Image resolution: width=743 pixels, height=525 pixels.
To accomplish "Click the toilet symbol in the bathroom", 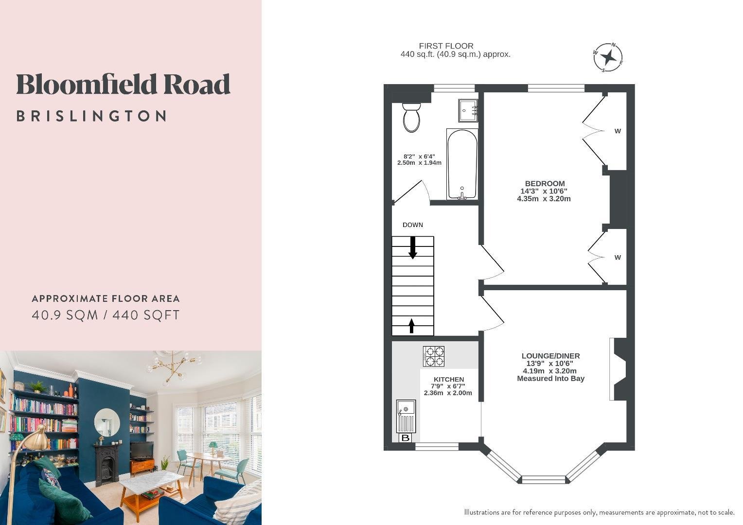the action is pyautogui.click(x=411, y=118).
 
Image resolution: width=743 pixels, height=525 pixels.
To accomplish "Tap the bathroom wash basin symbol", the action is pyautogui.click(x=468, y=110).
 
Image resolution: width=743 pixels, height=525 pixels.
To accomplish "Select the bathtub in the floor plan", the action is pyautogui.click(x=462, y=164).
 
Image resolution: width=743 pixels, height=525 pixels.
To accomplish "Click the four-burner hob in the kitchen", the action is pyautogui.click(x=434, y=356).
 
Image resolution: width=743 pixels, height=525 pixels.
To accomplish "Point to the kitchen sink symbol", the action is pyautogui.click(x=406, y=416).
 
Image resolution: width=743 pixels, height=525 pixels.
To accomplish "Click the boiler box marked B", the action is pyautogui.click(x=406, y=438).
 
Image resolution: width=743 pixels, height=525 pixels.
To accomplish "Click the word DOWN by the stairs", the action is pyautogui.click(x=413, y=225).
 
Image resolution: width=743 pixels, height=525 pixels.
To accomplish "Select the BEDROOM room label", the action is pyautogui.click(x=545, y=183).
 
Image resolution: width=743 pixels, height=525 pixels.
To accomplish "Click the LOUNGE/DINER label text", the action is pyautogui.click(x=550, y=356).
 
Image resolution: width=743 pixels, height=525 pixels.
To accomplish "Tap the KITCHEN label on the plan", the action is pyautogui.click(x=449, y=379).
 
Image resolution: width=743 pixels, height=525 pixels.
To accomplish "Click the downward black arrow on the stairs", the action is pyautogui.click(x=413, y=247).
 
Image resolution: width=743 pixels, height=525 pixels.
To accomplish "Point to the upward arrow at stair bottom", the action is pyautogui.click(x=412, y=326).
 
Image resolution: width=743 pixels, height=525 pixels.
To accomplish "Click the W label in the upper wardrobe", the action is pyautogui.click(x=618, y=131).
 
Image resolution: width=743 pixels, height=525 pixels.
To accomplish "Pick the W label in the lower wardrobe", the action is pyautogui.click(x=618, y=257).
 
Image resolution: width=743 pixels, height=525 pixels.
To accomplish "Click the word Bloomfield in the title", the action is pyautogui.click(x=86, y=84).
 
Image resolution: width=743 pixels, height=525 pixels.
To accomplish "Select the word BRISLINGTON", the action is pyautogui.click(x=91, y=116).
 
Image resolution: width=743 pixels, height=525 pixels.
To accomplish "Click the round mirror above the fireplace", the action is pyautogui.click(x=107, y=422).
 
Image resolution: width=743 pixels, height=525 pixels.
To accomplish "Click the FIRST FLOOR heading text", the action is pyautogui.click(x=446, y=46).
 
